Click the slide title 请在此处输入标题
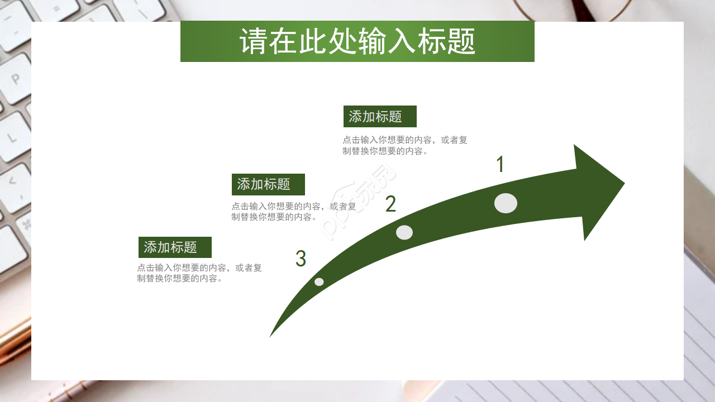click(357, 41)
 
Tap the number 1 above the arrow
click(500, 165)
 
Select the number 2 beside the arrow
click(390, 204)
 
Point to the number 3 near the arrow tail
click(301, 259)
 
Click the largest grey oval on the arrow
click(506, 203)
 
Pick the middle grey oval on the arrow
click(404, 232)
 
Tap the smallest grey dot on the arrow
click(319, 282)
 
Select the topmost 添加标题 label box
click(380, 117)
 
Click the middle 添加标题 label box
click(268, 184)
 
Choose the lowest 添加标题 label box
click(175, 247)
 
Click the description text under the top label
click(404, 145)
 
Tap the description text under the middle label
click(293, 212)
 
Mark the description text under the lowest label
click(199, 273)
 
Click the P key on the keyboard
click(15, 79)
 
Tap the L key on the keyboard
click(12, 137)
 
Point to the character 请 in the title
click(254, 42)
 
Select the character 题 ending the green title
click(461, 42)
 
